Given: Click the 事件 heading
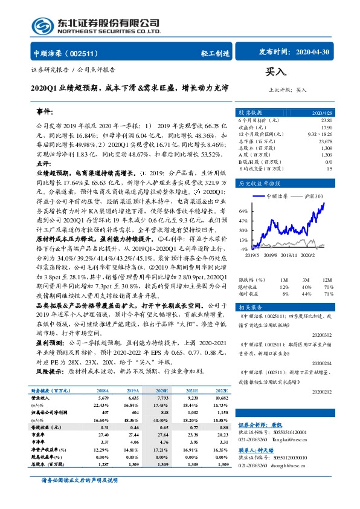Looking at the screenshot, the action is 45,113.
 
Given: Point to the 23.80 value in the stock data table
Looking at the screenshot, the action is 326,120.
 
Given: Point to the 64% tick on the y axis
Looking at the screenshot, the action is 243,211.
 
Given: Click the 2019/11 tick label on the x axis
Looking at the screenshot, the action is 291,255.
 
